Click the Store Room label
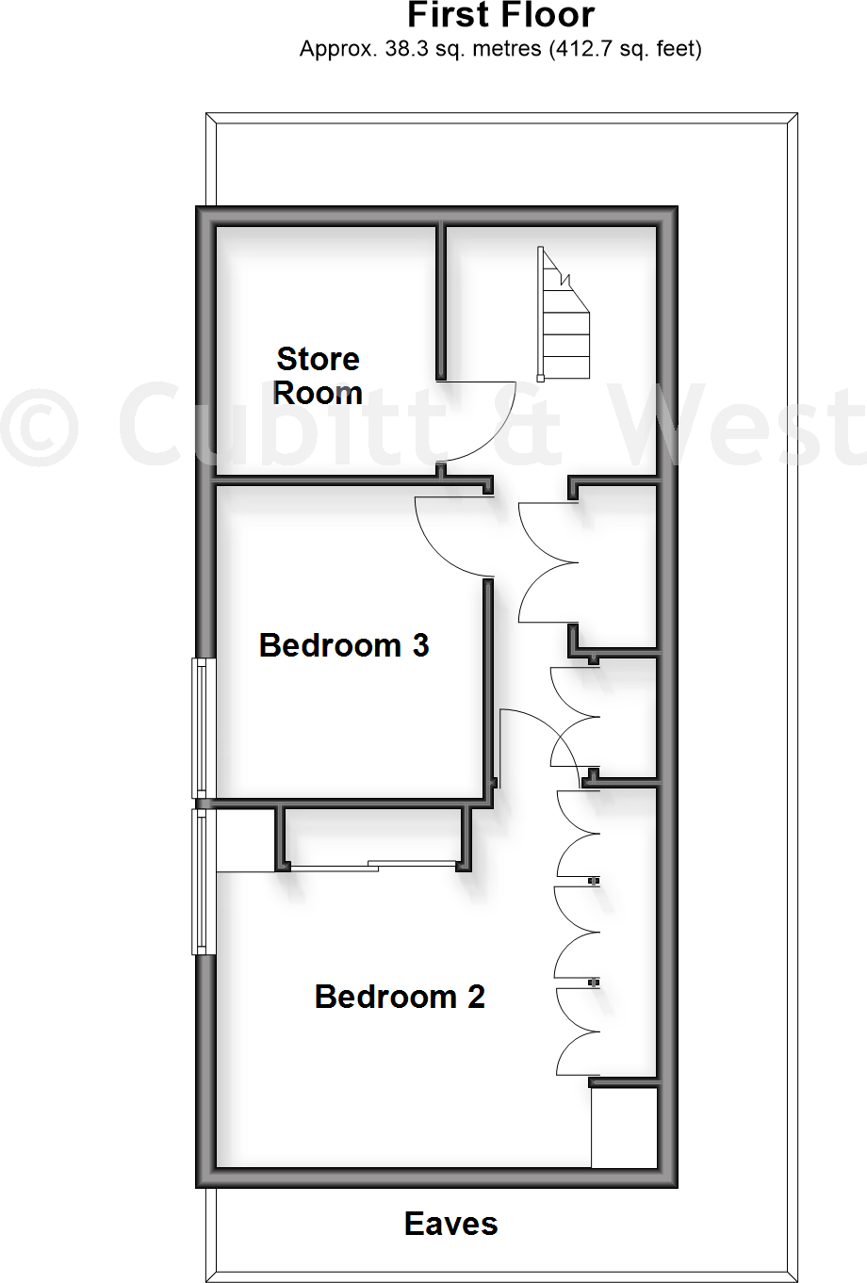coord(318,375)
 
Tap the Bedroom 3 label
coord(344,645)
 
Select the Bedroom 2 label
coord(400,997)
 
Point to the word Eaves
coord(450,1224)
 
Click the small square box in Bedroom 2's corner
coord(624,1128)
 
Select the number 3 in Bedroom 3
coord(420,645)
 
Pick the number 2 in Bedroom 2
coord(475,997)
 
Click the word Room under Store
coord(318,392)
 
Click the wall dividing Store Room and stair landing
coord(440,301)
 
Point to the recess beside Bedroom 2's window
coord(246,840)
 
